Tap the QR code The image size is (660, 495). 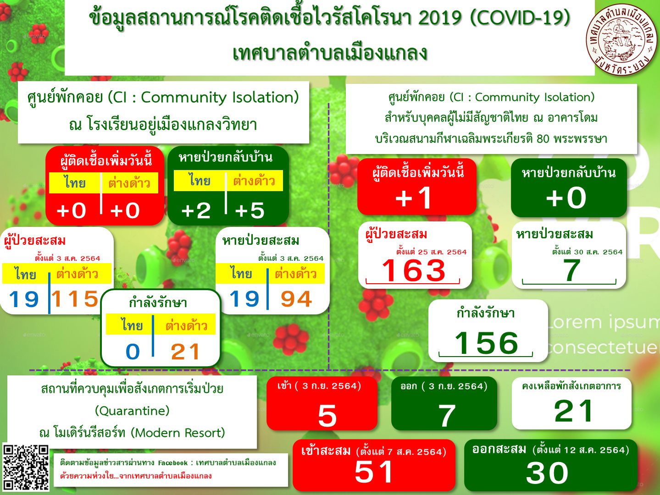26,468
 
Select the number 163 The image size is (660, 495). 413,271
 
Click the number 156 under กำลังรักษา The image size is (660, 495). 487,343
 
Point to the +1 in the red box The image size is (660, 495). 414,198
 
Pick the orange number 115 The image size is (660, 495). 75,299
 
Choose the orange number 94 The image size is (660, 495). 296,299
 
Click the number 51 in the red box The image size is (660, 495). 373,472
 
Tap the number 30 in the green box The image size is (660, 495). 547,473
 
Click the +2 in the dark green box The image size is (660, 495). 196,210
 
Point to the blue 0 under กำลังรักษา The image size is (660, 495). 133,352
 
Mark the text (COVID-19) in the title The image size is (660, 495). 520,18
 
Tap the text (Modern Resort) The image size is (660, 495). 178,433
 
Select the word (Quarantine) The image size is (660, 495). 132,411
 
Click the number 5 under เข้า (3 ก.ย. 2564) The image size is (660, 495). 327,416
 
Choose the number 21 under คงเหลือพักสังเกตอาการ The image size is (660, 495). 573,411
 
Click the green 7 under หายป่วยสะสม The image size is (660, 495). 572,270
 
